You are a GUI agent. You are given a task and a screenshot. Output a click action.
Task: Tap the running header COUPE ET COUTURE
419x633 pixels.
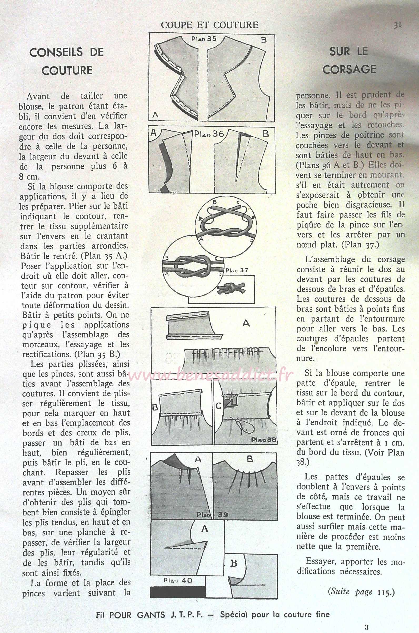[x=209, y=25]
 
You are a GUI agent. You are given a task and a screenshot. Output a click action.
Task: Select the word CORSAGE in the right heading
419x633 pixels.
[x=349, y=70]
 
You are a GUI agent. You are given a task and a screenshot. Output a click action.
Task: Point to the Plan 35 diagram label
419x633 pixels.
[x=204, y=39]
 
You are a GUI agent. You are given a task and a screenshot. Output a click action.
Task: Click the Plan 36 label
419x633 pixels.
[x=209, y=134]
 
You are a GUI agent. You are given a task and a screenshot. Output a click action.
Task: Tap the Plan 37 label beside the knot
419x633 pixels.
[x=237, y=270]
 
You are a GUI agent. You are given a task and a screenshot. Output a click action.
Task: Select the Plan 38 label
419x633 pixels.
[x=263, y=440]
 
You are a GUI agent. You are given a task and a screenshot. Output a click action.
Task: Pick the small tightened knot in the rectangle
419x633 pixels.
[x=231, y=288]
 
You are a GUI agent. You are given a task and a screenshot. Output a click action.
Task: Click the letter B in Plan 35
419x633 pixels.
[x=264, y=40]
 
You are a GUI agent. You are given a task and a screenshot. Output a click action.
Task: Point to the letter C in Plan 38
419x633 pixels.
[x=218, y=406]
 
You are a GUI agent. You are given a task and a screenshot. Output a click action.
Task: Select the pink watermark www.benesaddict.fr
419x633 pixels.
[x=211, y=376]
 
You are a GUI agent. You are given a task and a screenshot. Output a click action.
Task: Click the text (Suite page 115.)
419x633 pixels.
[x=361, y=592]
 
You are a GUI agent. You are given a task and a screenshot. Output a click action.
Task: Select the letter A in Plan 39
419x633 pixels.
[x=198, y=459]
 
